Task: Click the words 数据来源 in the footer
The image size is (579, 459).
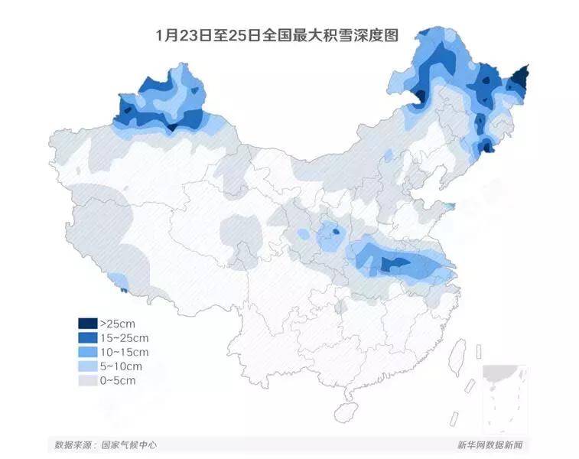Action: tap(71, 444)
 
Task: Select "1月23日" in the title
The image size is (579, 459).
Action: tap(177, 36)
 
